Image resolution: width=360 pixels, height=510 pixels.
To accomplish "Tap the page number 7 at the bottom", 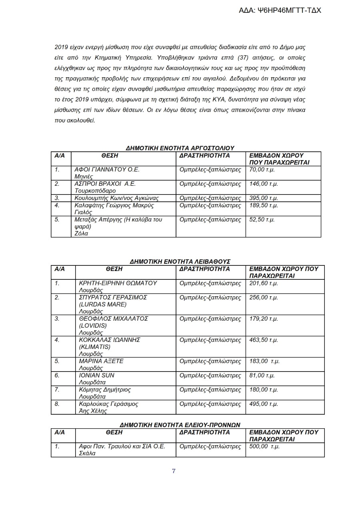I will [174, 471].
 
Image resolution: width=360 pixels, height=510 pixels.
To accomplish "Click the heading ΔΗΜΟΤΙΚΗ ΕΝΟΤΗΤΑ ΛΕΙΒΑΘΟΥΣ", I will [180, 261].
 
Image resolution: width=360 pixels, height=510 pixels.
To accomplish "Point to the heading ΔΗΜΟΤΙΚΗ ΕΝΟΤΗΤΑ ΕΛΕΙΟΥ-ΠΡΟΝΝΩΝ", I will [180, 424].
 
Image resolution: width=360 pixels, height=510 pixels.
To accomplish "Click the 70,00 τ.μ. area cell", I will [263, 170].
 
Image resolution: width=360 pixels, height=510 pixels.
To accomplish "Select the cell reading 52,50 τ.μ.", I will [263, 220].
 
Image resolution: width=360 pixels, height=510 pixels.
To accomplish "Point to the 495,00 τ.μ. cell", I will [264, 404].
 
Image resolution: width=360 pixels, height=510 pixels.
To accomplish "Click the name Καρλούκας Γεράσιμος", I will [109, 404].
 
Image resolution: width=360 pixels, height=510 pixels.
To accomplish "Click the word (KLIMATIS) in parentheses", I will [95, 347].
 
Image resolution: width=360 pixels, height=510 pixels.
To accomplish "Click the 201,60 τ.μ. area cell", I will [264, 283].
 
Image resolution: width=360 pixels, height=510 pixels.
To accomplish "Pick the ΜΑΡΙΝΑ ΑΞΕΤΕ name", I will [102, 361].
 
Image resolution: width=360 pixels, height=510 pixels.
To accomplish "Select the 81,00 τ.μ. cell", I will [262, 375].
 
